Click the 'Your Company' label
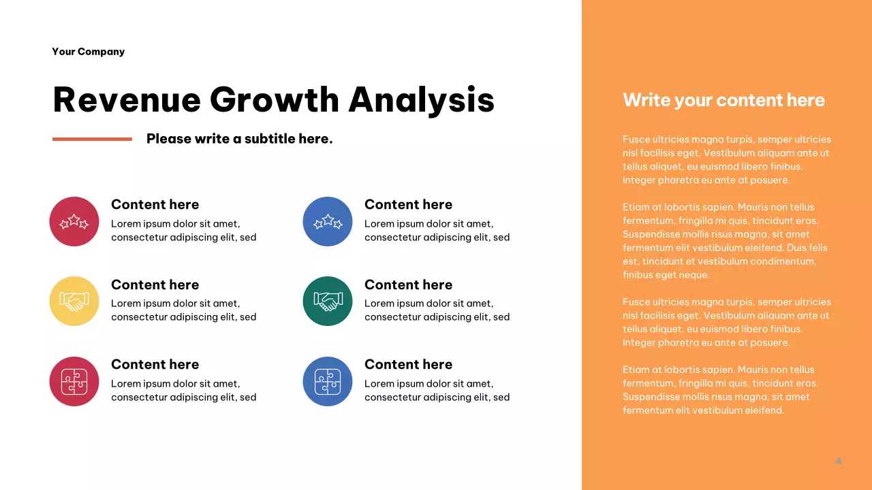pyautogui.click(x=88, y=52)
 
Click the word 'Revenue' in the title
pyautogui.click(x=127, y=99)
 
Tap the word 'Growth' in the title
pyautogui.click(x=274, y=99)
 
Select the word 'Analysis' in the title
pyautogui.click(x=421, y=99)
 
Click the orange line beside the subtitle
pyautogui.click(x=92, y=139)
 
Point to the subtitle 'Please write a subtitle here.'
pyautogui.click(x=239, y=139)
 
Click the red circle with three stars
pyautogui.click(x=74, y=221)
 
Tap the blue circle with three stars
pyautogui.click(x=328, y=221)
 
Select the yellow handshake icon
pyautogui.click(x=74, y=301)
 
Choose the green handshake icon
pyautogui.click(x=328, y=301)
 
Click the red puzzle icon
pyautogui.click(x=74, y=381)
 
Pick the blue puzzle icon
pyautogui.click(x=328, y=381)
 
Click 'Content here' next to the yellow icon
pyautogui.click(x=155, y=284)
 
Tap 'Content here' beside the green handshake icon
pyautogui.click(x=408, y=284)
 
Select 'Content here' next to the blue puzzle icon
pyautogui.click(x=408, y=364)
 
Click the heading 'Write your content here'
pyautogui.click(x=723, y=100)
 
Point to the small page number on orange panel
pyautogui.click(x=839, y=461)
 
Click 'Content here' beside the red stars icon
pyautogui.click(x=155, y=204)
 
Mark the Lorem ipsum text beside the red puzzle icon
pyautogui.click(x=183, y=391)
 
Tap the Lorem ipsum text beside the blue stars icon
pyautogui.click(x=437, y=231)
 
